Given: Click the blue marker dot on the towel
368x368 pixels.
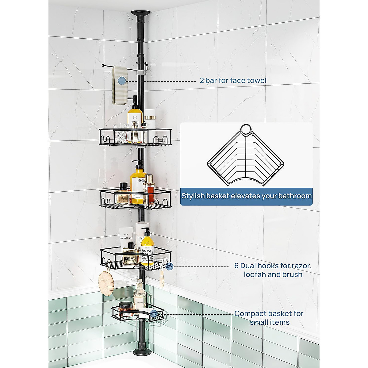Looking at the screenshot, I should pos(122,81).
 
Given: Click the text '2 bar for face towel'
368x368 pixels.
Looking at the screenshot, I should pos(233,81).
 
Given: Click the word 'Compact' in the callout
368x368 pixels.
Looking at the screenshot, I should pos(250,314).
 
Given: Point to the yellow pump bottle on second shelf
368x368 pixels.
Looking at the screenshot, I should pos(137,185).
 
